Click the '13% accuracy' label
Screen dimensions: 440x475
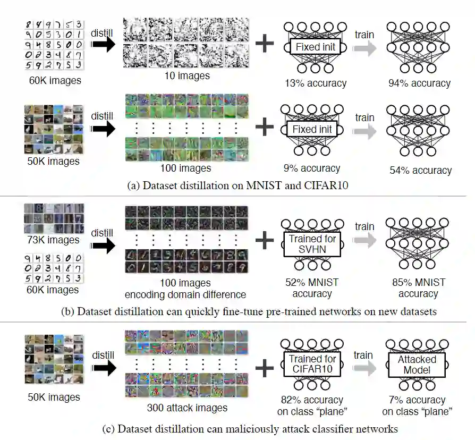(315, 83)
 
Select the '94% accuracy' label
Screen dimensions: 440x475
(419, 83)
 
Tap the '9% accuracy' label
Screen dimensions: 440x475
(312, 168)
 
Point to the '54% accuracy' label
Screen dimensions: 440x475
(419, 170)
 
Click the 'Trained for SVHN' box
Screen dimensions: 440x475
(312, 244)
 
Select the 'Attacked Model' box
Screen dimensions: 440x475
(417, 365)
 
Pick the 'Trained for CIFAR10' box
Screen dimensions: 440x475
(312, 365)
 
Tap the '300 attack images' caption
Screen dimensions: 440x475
(186, 408)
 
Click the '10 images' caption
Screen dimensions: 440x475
(186, 75)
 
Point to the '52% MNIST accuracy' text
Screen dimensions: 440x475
(312, 288)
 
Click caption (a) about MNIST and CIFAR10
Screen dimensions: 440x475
(237, 186)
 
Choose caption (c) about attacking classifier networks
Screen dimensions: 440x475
(237, 428)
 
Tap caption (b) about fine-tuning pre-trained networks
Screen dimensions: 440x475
(237, 311)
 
